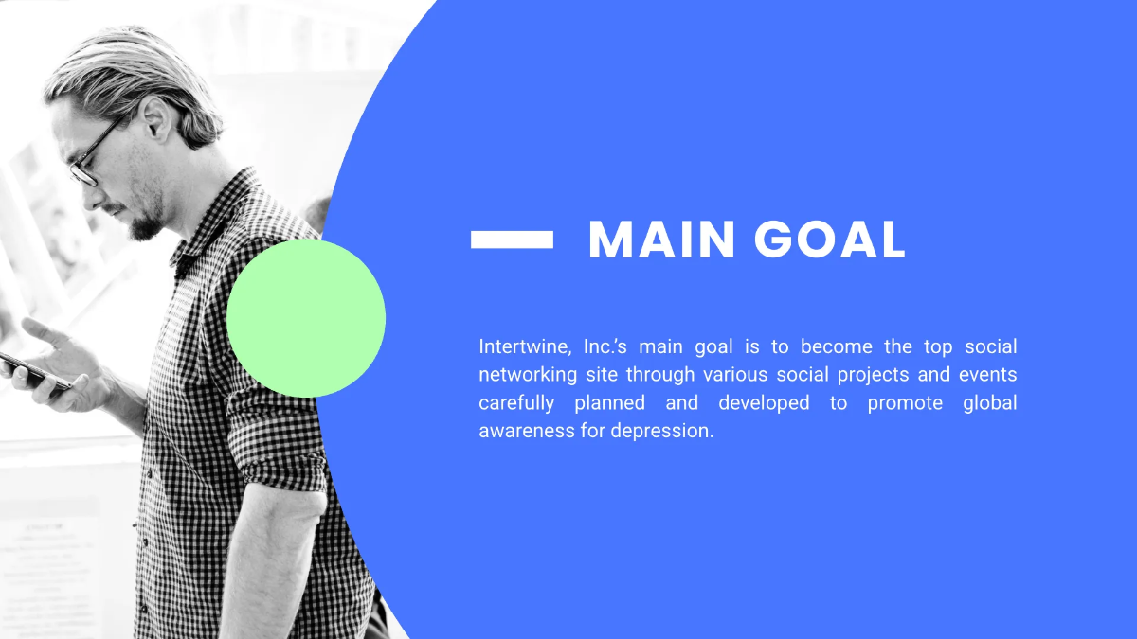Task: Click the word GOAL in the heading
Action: [830, 240]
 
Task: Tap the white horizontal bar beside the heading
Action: [512, 240]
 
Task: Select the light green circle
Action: [306, 318]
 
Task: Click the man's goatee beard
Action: [144, 225]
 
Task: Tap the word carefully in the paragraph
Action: [514, 403]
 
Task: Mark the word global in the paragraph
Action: [989, 403]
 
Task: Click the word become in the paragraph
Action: [837, 346]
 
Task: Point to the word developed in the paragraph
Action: [764, 403]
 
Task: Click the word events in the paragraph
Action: [988, 375]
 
